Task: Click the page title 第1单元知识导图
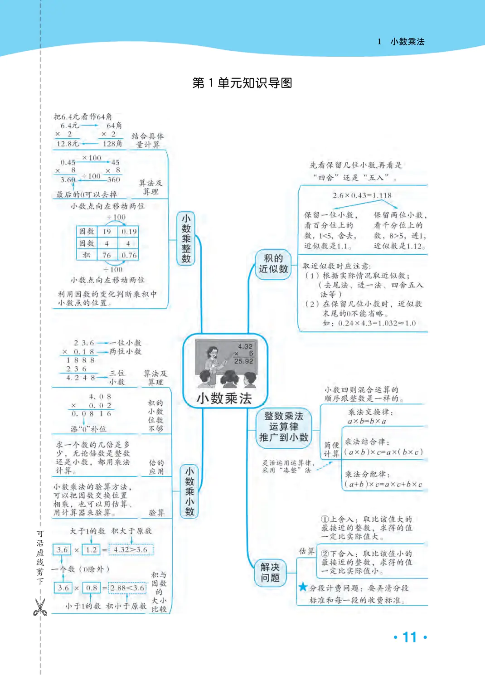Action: click(x=242, y=83)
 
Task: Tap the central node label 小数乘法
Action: click(x=224, y=398)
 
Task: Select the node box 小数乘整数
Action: click(x=186, y=238)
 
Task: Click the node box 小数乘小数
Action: click(x=189, y=491)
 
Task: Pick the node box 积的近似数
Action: click(x=273, y=263)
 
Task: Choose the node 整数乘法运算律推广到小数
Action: click(x=284, y=427)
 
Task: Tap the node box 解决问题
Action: click(x=270, y=573)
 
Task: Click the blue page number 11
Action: click(x=410, y=637)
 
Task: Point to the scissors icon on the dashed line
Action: click(x=40, y=607)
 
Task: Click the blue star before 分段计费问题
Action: click(x=303, y=587)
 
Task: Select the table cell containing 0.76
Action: click(x=129, y=255)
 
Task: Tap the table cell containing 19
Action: click(x=107, y=232)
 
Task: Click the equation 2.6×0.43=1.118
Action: click(x=362, y=195)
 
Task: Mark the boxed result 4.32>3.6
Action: click(x=131, y=550)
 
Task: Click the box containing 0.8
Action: click(x=92, y=588)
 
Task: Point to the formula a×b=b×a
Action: click(x=367, y=421)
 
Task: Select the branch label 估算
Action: click(x=307, y=551)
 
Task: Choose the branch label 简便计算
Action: click(x=331, y=449)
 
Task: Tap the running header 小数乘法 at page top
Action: click(x=407, y=42)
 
